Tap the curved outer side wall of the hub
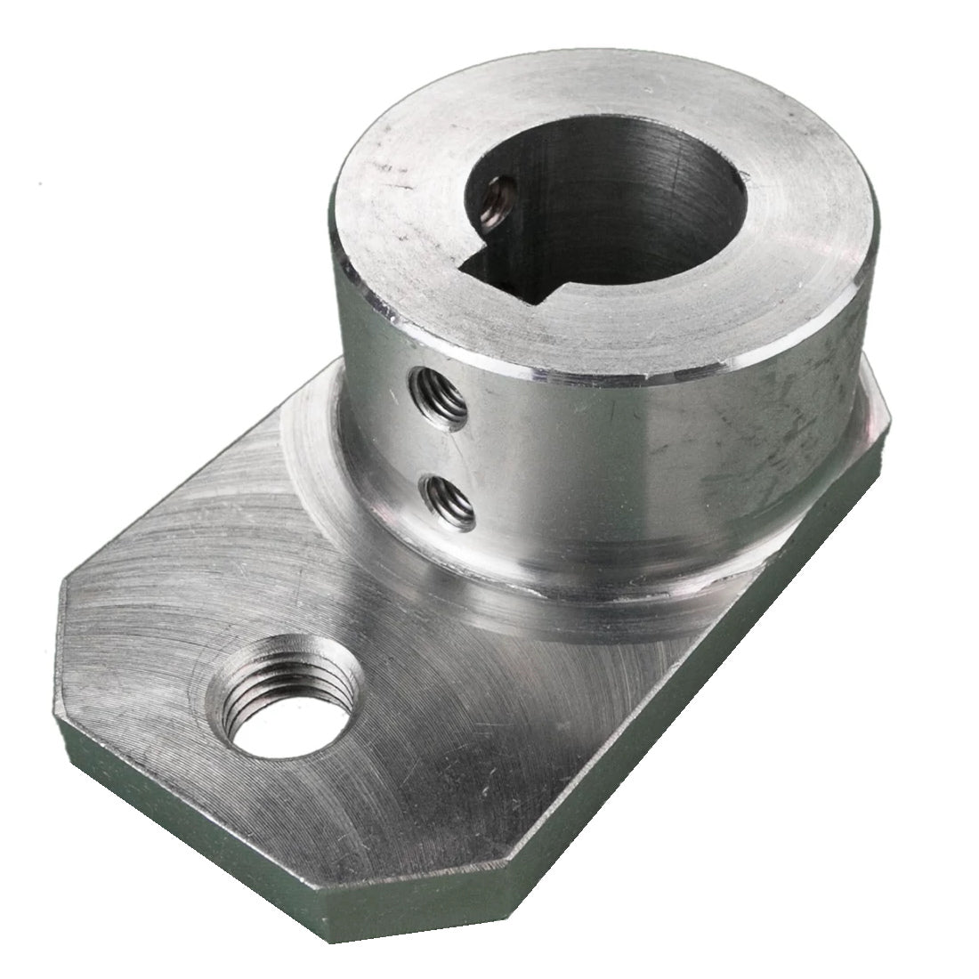[641, 463]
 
